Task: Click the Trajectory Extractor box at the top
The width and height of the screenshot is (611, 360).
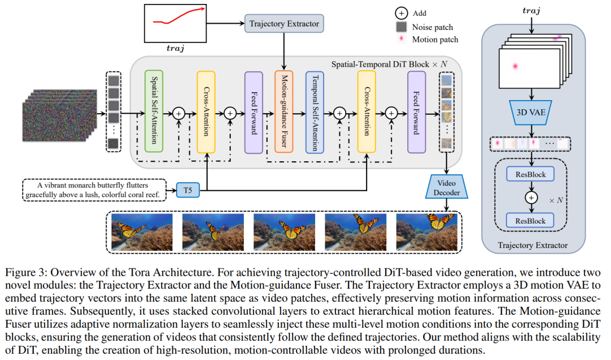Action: click(284, 24)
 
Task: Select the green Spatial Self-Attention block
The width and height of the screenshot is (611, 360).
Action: click(154, 112)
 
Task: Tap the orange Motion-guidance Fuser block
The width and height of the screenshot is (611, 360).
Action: click(284, 112)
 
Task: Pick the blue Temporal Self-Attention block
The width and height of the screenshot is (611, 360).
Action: click(315, 112)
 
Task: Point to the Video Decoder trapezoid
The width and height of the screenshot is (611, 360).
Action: click(447, 187)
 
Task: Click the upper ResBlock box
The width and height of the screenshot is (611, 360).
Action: click(531, 174)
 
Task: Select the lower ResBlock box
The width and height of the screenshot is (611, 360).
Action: click(531, 220)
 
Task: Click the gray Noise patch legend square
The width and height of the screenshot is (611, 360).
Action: click(401, 27)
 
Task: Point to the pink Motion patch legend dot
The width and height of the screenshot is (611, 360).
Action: click(401, 40)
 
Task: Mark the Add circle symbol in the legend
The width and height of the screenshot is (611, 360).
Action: click(401, 13)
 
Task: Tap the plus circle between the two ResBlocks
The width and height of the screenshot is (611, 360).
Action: click(531, 198)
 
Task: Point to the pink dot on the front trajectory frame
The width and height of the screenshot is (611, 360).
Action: click(515, 67)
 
